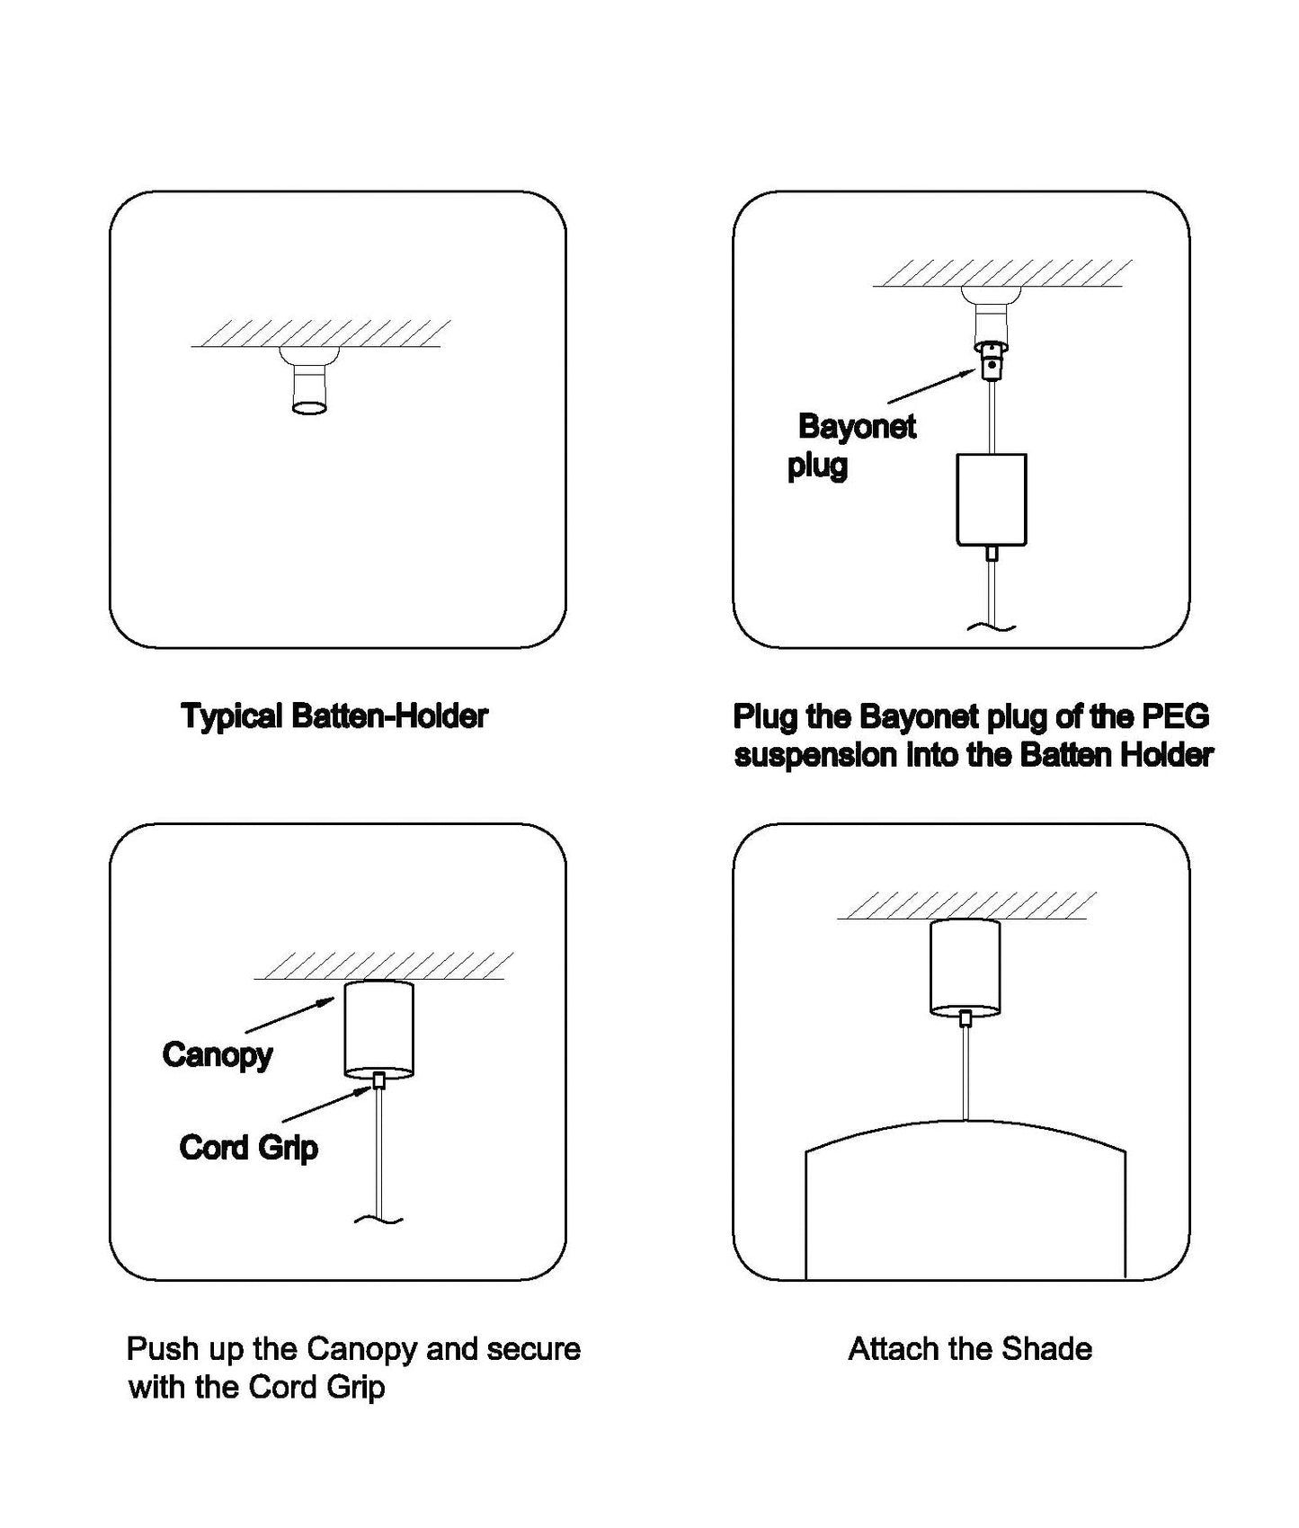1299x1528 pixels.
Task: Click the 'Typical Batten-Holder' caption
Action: pyautogui.click(x=334, y=716)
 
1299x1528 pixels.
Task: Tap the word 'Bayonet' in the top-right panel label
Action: pyautogui.click(x=857, y=426)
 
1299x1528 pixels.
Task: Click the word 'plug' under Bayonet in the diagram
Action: pyautogui.click(x=817, y=466)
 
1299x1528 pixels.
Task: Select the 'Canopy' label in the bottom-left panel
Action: pyautogui.click(x=217, y=1054)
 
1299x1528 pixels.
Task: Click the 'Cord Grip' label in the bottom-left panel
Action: pyautogui.click(x=248, y=1148)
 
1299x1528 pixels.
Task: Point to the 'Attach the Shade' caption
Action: pyautogui.click(x=970, y=1349)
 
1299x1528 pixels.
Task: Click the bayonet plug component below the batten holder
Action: pyautogui.click(x=991, y=362)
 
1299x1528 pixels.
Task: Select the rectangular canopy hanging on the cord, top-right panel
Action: pyautogui.click(x=991, y=499)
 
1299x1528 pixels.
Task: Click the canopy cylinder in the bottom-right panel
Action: pyautogui.click(x=965, y=966)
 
